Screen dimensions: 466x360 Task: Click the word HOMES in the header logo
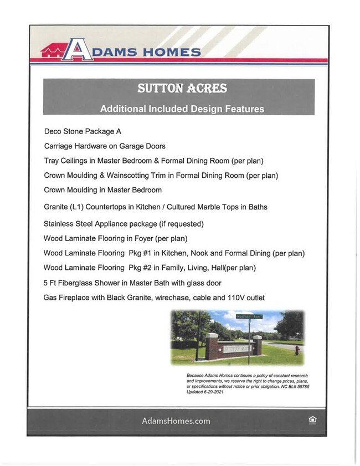173,53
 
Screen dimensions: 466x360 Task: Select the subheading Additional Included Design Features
182,109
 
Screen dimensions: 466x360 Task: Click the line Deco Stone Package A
83,132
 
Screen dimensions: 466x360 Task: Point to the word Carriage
60,147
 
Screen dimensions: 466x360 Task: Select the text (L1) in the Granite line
79,207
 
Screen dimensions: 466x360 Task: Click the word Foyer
159,239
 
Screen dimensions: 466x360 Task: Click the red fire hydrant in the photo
297,350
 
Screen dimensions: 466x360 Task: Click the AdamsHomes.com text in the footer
176,421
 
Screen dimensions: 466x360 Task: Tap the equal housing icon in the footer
313,420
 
